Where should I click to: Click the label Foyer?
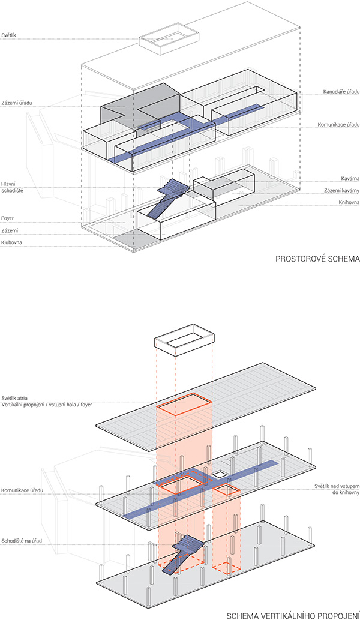[x=8, y=218]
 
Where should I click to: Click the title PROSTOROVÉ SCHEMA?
[x=317, y=260]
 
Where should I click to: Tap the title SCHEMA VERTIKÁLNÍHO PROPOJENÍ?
[x=293, y=616]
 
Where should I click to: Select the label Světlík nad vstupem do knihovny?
[x=337, y=489]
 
